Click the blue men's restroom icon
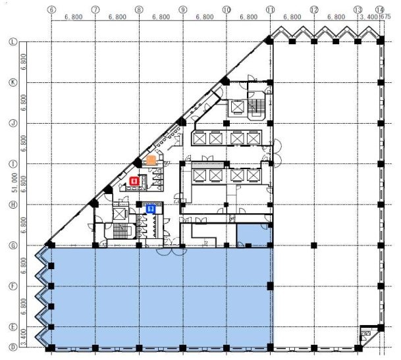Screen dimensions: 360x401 (151, 209)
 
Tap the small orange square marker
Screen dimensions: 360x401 (151, 160)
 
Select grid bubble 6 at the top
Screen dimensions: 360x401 (51, 11)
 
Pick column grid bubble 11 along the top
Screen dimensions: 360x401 (270, 11)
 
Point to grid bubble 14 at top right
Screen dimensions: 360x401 (380, 11)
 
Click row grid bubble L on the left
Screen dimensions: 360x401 (13, 41)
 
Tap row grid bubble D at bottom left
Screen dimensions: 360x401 (13, 347)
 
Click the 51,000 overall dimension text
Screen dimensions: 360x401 (14, 192)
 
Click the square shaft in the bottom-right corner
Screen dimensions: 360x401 (366, 336)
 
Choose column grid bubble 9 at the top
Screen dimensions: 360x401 (182, 11)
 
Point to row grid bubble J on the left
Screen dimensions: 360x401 (13, 122)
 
